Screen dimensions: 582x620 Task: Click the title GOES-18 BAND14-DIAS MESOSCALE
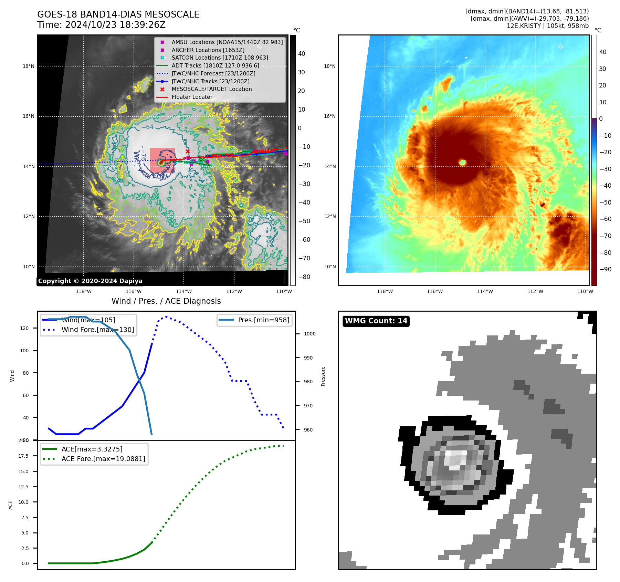coord(118,14)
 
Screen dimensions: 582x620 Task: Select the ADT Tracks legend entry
coord(215,65)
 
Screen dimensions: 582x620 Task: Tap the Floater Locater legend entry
coord(192,97)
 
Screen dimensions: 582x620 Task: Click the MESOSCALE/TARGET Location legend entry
coord(211,89)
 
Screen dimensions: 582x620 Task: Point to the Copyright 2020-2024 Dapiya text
coord(90,281)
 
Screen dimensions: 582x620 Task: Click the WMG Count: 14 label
coord(376,321)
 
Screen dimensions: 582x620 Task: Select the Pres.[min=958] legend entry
coord(263,320)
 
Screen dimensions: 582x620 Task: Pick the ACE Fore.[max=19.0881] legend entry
coord(103,459)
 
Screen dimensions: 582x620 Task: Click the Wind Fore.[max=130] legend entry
coord(97,330)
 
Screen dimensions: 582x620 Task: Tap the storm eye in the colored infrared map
coord(462,162)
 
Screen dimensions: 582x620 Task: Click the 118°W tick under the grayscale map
coord(84,291)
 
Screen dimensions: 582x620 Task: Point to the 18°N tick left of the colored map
coord(330,66)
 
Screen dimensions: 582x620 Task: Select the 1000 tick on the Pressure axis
coord(309,334)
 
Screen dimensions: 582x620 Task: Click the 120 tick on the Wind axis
coord(24,328)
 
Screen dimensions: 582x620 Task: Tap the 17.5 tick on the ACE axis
coord(23,456)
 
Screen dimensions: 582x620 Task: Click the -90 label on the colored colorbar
coord(605,269)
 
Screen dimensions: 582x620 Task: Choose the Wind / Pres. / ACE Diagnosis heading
coord(166,301)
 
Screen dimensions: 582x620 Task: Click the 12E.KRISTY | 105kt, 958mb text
coord(547,26)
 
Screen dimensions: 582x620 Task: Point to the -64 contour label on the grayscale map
coord(148,127)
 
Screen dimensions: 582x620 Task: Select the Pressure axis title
coord(323,376)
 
